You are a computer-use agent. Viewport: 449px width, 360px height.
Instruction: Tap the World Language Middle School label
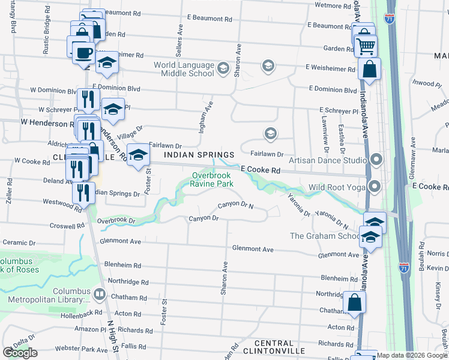184,69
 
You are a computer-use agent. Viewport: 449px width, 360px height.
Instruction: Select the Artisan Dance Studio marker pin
376,160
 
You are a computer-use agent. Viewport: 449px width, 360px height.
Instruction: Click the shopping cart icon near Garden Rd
366,46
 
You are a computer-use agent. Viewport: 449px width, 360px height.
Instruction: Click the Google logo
20,353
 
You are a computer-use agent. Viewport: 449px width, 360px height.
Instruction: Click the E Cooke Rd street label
261,170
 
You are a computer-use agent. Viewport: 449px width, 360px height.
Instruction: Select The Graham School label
324,236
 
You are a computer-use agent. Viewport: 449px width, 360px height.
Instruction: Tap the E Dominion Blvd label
333,89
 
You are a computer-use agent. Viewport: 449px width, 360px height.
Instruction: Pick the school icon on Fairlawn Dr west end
138,155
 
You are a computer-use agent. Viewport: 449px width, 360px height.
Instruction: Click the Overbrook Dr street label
117,220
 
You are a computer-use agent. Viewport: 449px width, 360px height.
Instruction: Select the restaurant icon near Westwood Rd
83,192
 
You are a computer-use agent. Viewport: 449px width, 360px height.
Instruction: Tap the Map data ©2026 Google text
412,355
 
